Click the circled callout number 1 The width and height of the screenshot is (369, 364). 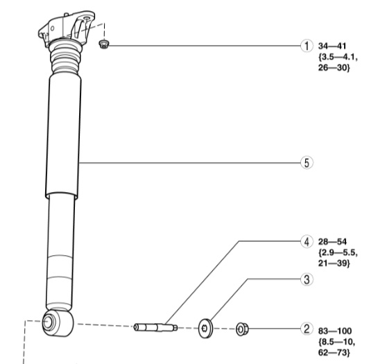tap(307, 46)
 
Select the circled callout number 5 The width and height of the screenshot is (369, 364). tap(307, 163)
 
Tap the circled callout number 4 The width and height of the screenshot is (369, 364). tap(307, 241)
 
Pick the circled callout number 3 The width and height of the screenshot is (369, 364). tap(307, 279)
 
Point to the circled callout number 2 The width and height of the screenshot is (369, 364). tap(307, 329)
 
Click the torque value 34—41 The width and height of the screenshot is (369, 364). tap(332, 46)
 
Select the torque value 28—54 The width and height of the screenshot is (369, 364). tap(332, 242)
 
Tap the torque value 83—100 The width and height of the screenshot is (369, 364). tap(335, 331)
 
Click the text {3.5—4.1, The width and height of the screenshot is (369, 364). tap(338, 57)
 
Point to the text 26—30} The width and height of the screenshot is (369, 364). tap(334, 68)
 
